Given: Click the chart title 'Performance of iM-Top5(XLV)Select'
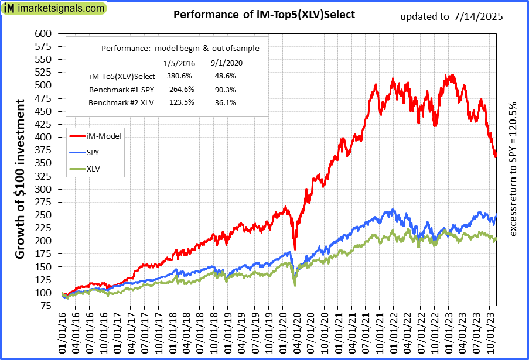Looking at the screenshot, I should point(264,15).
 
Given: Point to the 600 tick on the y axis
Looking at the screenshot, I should point(43,33).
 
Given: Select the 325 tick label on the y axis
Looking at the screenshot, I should point(43,189).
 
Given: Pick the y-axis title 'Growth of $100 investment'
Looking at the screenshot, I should point(21,179).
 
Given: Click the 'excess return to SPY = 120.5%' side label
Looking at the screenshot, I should point(514,170).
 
